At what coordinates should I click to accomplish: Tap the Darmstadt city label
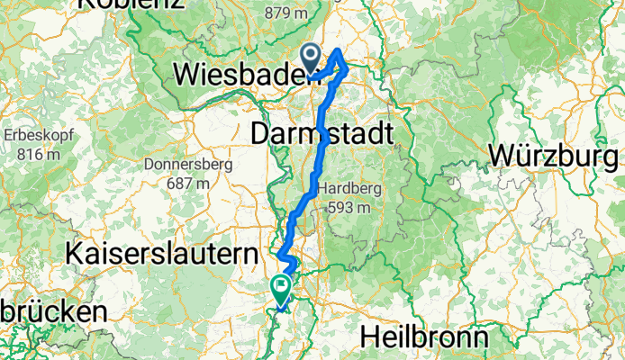click(322, 134)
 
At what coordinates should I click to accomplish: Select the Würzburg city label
click(556, 155)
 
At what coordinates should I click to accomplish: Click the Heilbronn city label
click(424, 337)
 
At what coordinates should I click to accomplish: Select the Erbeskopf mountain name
click(32, 136)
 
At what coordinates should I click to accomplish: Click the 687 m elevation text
click(186, 183)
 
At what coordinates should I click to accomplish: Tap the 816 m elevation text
click(32, 154)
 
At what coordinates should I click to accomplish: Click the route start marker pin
click(312, 58)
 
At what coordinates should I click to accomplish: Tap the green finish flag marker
click(280, 289)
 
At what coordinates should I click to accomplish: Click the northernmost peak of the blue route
click(339, 50)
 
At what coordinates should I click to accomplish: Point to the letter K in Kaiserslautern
click(74, 255)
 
